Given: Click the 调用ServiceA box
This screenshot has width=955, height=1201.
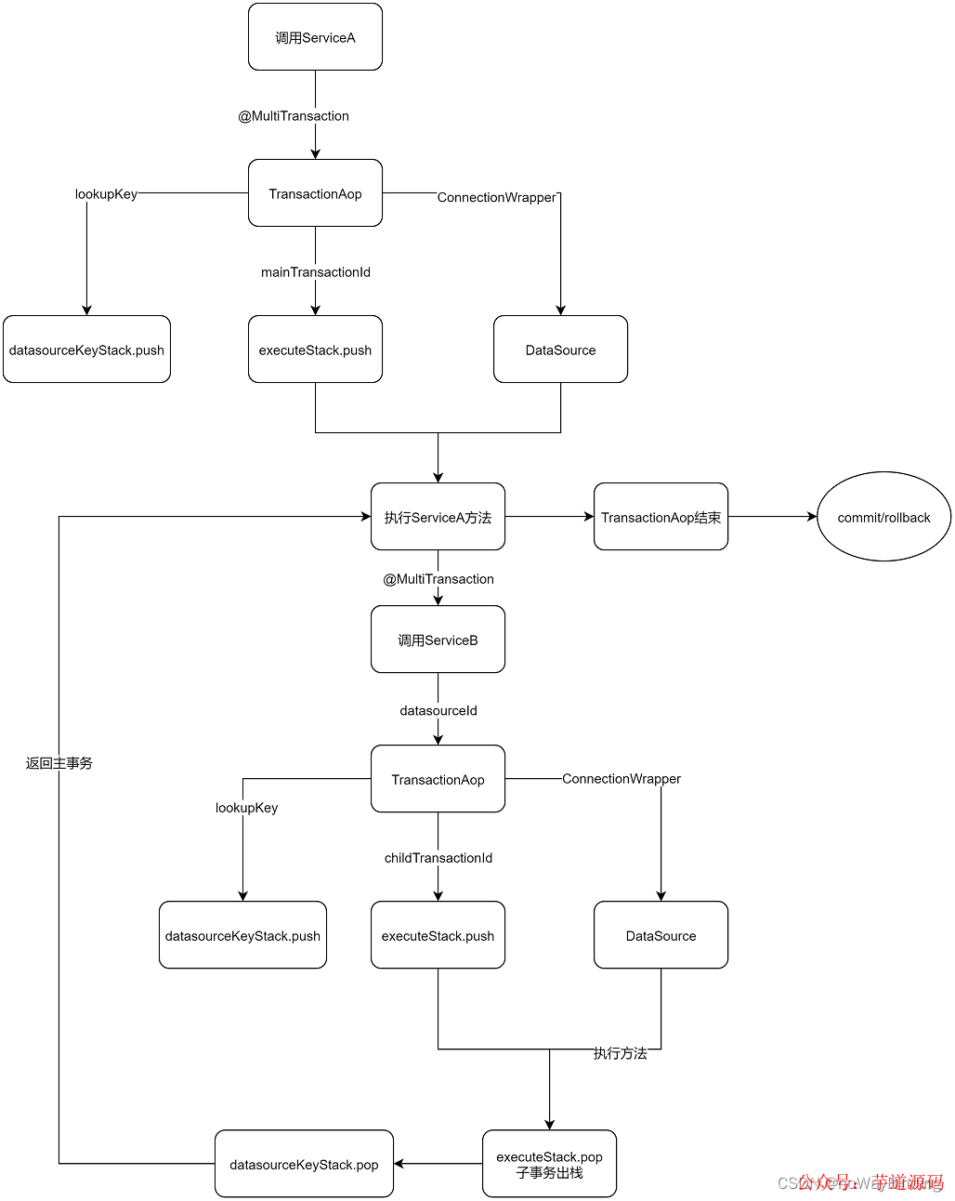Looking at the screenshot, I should (x=315, y=37).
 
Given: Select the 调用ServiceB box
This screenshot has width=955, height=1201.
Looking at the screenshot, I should (x=438, y=640).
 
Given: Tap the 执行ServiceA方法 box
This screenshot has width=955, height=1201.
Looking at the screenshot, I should (x=438, y=517).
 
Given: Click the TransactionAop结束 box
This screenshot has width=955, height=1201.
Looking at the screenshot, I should (x=661, y=517).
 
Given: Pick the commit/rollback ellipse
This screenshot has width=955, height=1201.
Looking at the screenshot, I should (x=883, y=517).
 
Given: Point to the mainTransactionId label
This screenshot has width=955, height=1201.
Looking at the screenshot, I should (x=315, y=272).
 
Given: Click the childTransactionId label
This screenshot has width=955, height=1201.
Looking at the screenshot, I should (x=438, y=858).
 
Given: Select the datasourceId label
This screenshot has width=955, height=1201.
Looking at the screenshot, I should (x=438, y=711).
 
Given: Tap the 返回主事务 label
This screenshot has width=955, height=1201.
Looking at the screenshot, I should (x=59, y=763).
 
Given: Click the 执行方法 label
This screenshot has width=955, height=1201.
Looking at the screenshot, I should (x=620, y=1053).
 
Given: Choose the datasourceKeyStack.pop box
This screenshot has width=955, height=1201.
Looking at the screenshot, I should (x=304, y=1164).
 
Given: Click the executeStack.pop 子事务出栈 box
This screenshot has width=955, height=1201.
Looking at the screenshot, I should (x=549, y=1164).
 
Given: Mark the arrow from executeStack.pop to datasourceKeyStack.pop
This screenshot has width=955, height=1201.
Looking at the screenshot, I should (x=438, y=1164).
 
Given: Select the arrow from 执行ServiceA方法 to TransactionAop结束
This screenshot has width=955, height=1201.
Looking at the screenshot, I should (x=549, y=517).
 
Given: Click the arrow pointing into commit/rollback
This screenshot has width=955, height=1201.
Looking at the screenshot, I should (x=772, y=517).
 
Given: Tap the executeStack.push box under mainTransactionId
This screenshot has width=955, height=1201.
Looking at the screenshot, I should (x=315, y=350).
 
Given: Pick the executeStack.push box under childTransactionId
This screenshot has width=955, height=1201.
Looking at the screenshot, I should (x=438, y=935).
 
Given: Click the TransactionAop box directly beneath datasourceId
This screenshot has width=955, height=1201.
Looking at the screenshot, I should (x=438, y=779).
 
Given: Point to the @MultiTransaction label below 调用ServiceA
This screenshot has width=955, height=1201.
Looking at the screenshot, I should (x=294, y=116).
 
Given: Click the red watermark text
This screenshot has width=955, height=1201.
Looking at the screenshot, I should (x=870, y=1181).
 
